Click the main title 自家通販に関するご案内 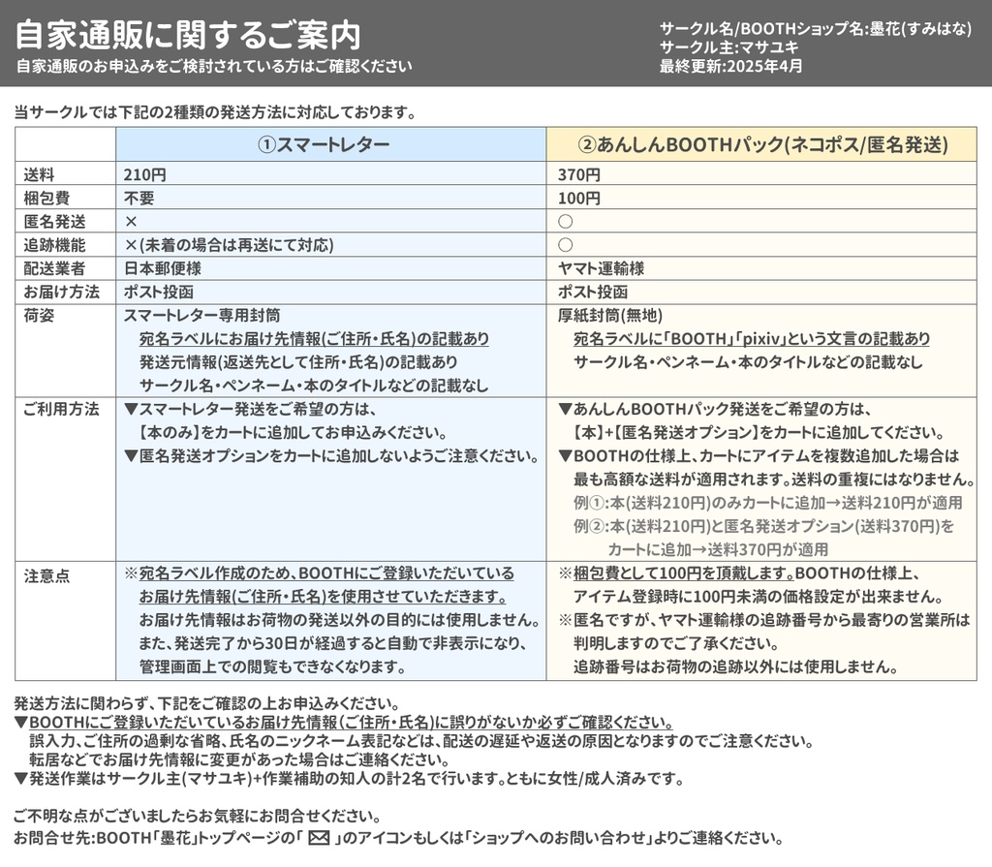point(188,36)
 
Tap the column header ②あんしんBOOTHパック point(761,144)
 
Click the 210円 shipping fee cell point(145,175)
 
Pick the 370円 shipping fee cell point(579,175)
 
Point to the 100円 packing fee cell point(579,199)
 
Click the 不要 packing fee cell point(139,199)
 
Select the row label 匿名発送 point(55,222)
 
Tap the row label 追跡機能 point(55,245)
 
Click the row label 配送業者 point(55,268)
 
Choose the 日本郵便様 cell point(163,268)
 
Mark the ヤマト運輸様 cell point(601,268)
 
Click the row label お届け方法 point(61,292)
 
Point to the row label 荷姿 point(39,315)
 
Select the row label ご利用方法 point(61,409)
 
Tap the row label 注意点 point(46,575)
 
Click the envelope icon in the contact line point(320,838)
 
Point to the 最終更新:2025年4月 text point(731,67)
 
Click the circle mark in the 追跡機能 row point(566,245)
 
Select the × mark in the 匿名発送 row point(131,222)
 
